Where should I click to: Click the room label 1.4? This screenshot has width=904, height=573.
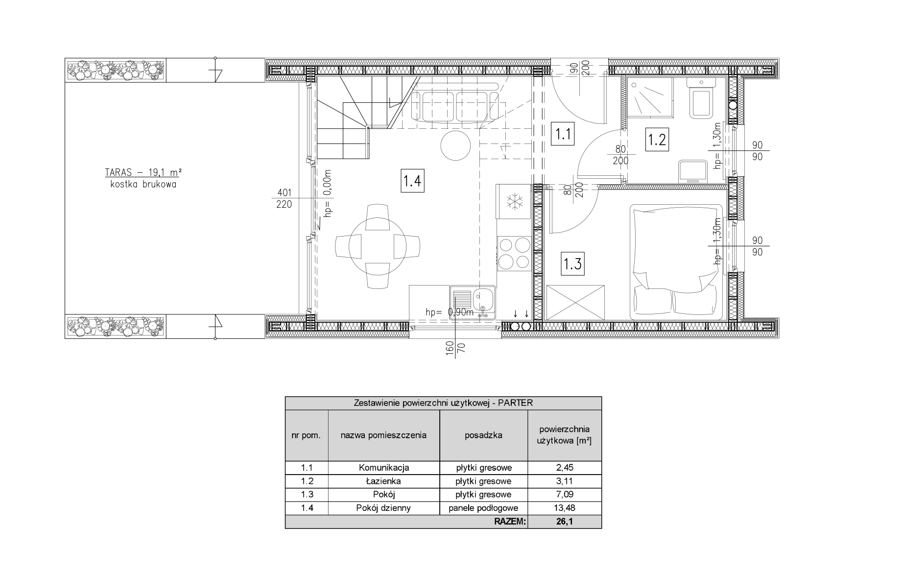point(412,181)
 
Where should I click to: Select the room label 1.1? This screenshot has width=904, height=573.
point(563,134)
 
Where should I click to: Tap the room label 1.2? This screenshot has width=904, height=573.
point(656,140)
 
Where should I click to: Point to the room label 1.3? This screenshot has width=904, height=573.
point(572,264)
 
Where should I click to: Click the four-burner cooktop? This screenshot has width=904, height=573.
point(514,253)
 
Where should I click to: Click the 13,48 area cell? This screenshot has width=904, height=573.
point(564,508)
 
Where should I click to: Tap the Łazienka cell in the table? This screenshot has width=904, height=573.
point(383,481)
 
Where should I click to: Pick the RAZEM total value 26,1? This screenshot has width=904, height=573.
point(564,522)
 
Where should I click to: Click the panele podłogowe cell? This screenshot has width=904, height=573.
point(483,508)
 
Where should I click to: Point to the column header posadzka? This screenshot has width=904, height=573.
point(483,435)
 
